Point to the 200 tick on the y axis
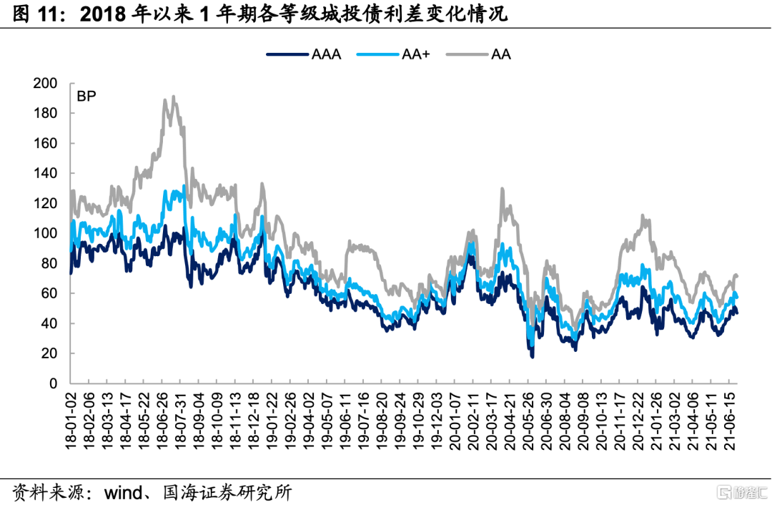pyautogui.click(x=44, y=84)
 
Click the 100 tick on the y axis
pyautogui.click(x=44, y=234)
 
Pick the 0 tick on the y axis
pyautogui.click(x=53, y=384)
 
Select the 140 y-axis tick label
pyautogui.click(x=44, y=174)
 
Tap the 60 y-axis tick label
pyautogui.click(x=48, y=294)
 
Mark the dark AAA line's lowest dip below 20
pyautogui.click(x=532, y=356)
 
